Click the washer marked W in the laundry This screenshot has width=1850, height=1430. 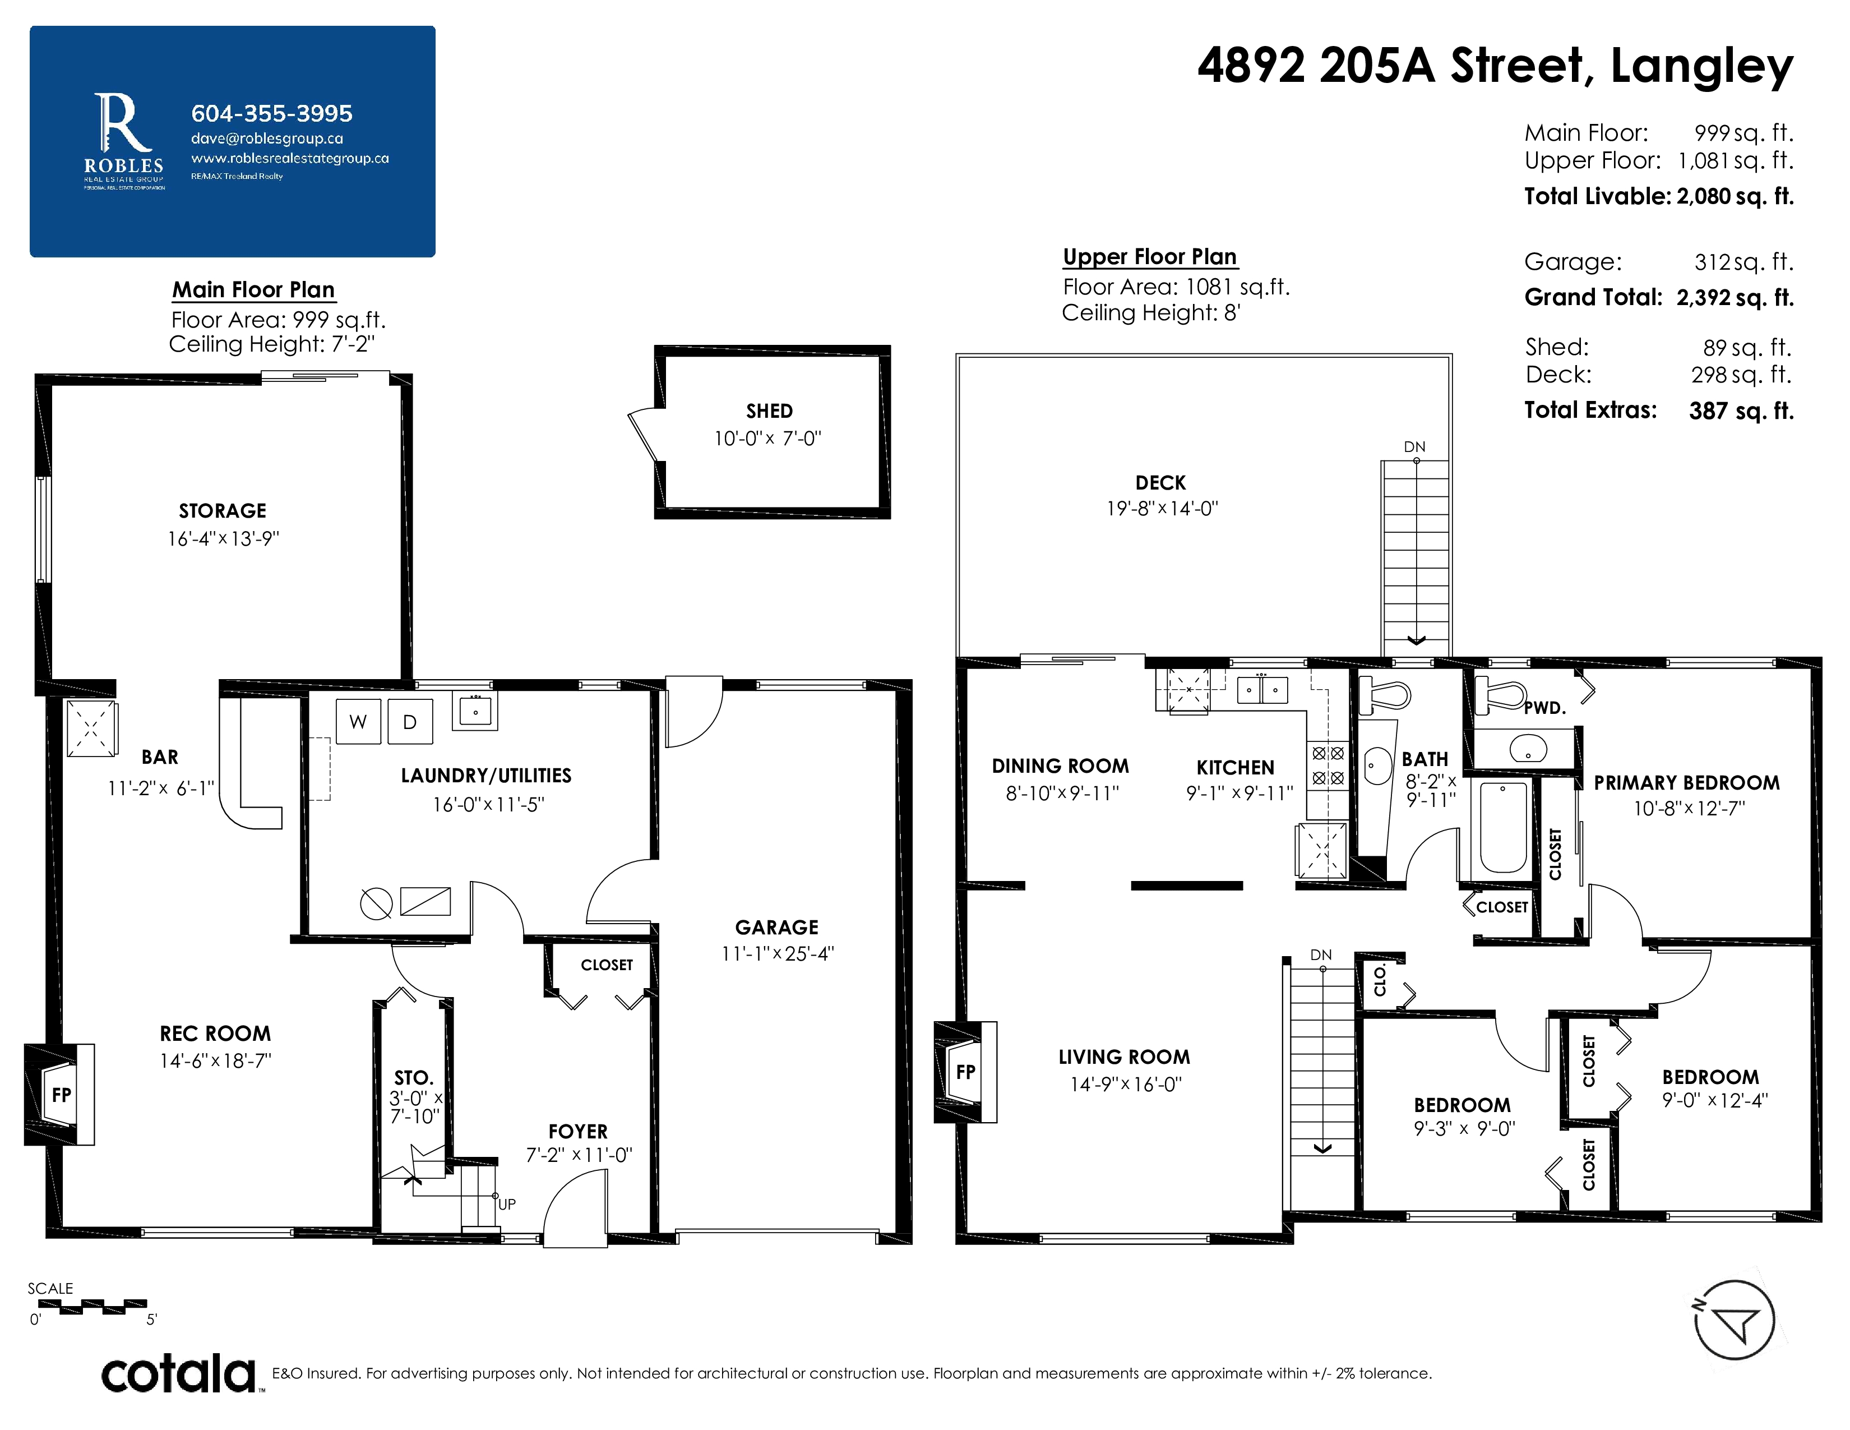(x=358, y=721)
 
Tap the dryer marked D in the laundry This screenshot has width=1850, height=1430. (x=410, y=721)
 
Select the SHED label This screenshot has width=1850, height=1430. (x=769, y=412)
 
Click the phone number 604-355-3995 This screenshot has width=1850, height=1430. (x=272, y=113)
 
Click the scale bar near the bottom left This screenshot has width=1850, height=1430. (x=92, y=1306)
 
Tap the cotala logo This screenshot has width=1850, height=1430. (x=179, y=1373)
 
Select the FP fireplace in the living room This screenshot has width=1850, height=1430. (x=966, y=1072)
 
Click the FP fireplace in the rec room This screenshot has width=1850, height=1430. (x=60, y=1095)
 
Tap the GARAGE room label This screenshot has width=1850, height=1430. (x=777, y=928)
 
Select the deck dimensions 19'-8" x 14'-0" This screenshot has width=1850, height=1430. (x=1162, y=508)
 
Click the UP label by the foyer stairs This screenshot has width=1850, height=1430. (x=507, y=1204)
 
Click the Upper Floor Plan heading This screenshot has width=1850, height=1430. (x=1149, y=257)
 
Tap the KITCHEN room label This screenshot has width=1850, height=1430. (x=1235, y=768)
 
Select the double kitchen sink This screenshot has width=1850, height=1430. (x=1262, y=690)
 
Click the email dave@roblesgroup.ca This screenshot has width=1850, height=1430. (x=267, y=138)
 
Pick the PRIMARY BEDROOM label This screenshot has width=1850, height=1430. (x=1686, y=783)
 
